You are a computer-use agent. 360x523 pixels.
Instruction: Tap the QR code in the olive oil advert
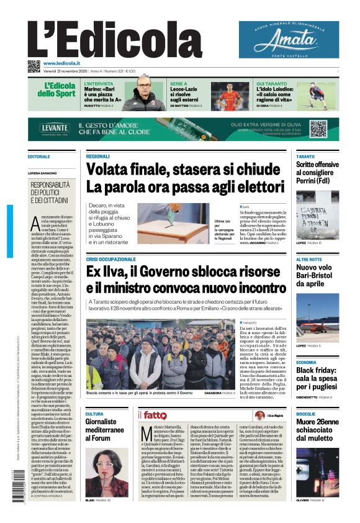[318, 129]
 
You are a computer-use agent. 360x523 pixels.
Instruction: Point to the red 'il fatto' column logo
[152, 415]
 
